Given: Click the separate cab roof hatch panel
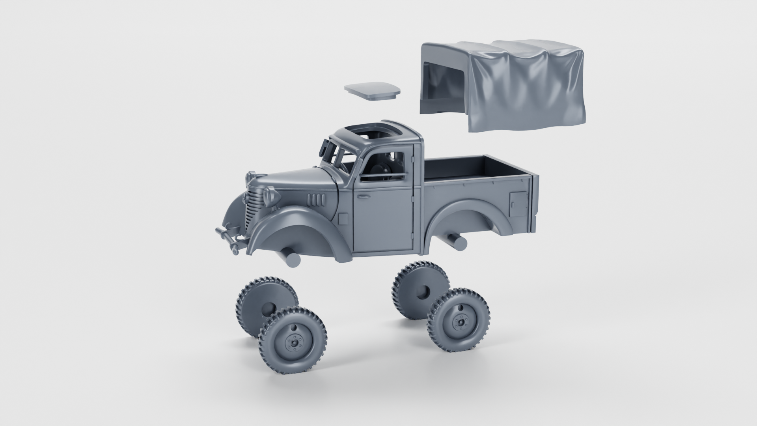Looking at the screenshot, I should [372, 91].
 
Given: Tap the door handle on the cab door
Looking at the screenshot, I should [361, 196].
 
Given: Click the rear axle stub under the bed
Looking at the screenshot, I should [457, 240].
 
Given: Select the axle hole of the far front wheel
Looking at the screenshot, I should [267, 310].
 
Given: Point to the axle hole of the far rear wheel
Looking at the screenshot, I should [424, 293].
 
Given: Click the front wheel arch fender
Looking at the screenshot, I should [300, 221].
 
